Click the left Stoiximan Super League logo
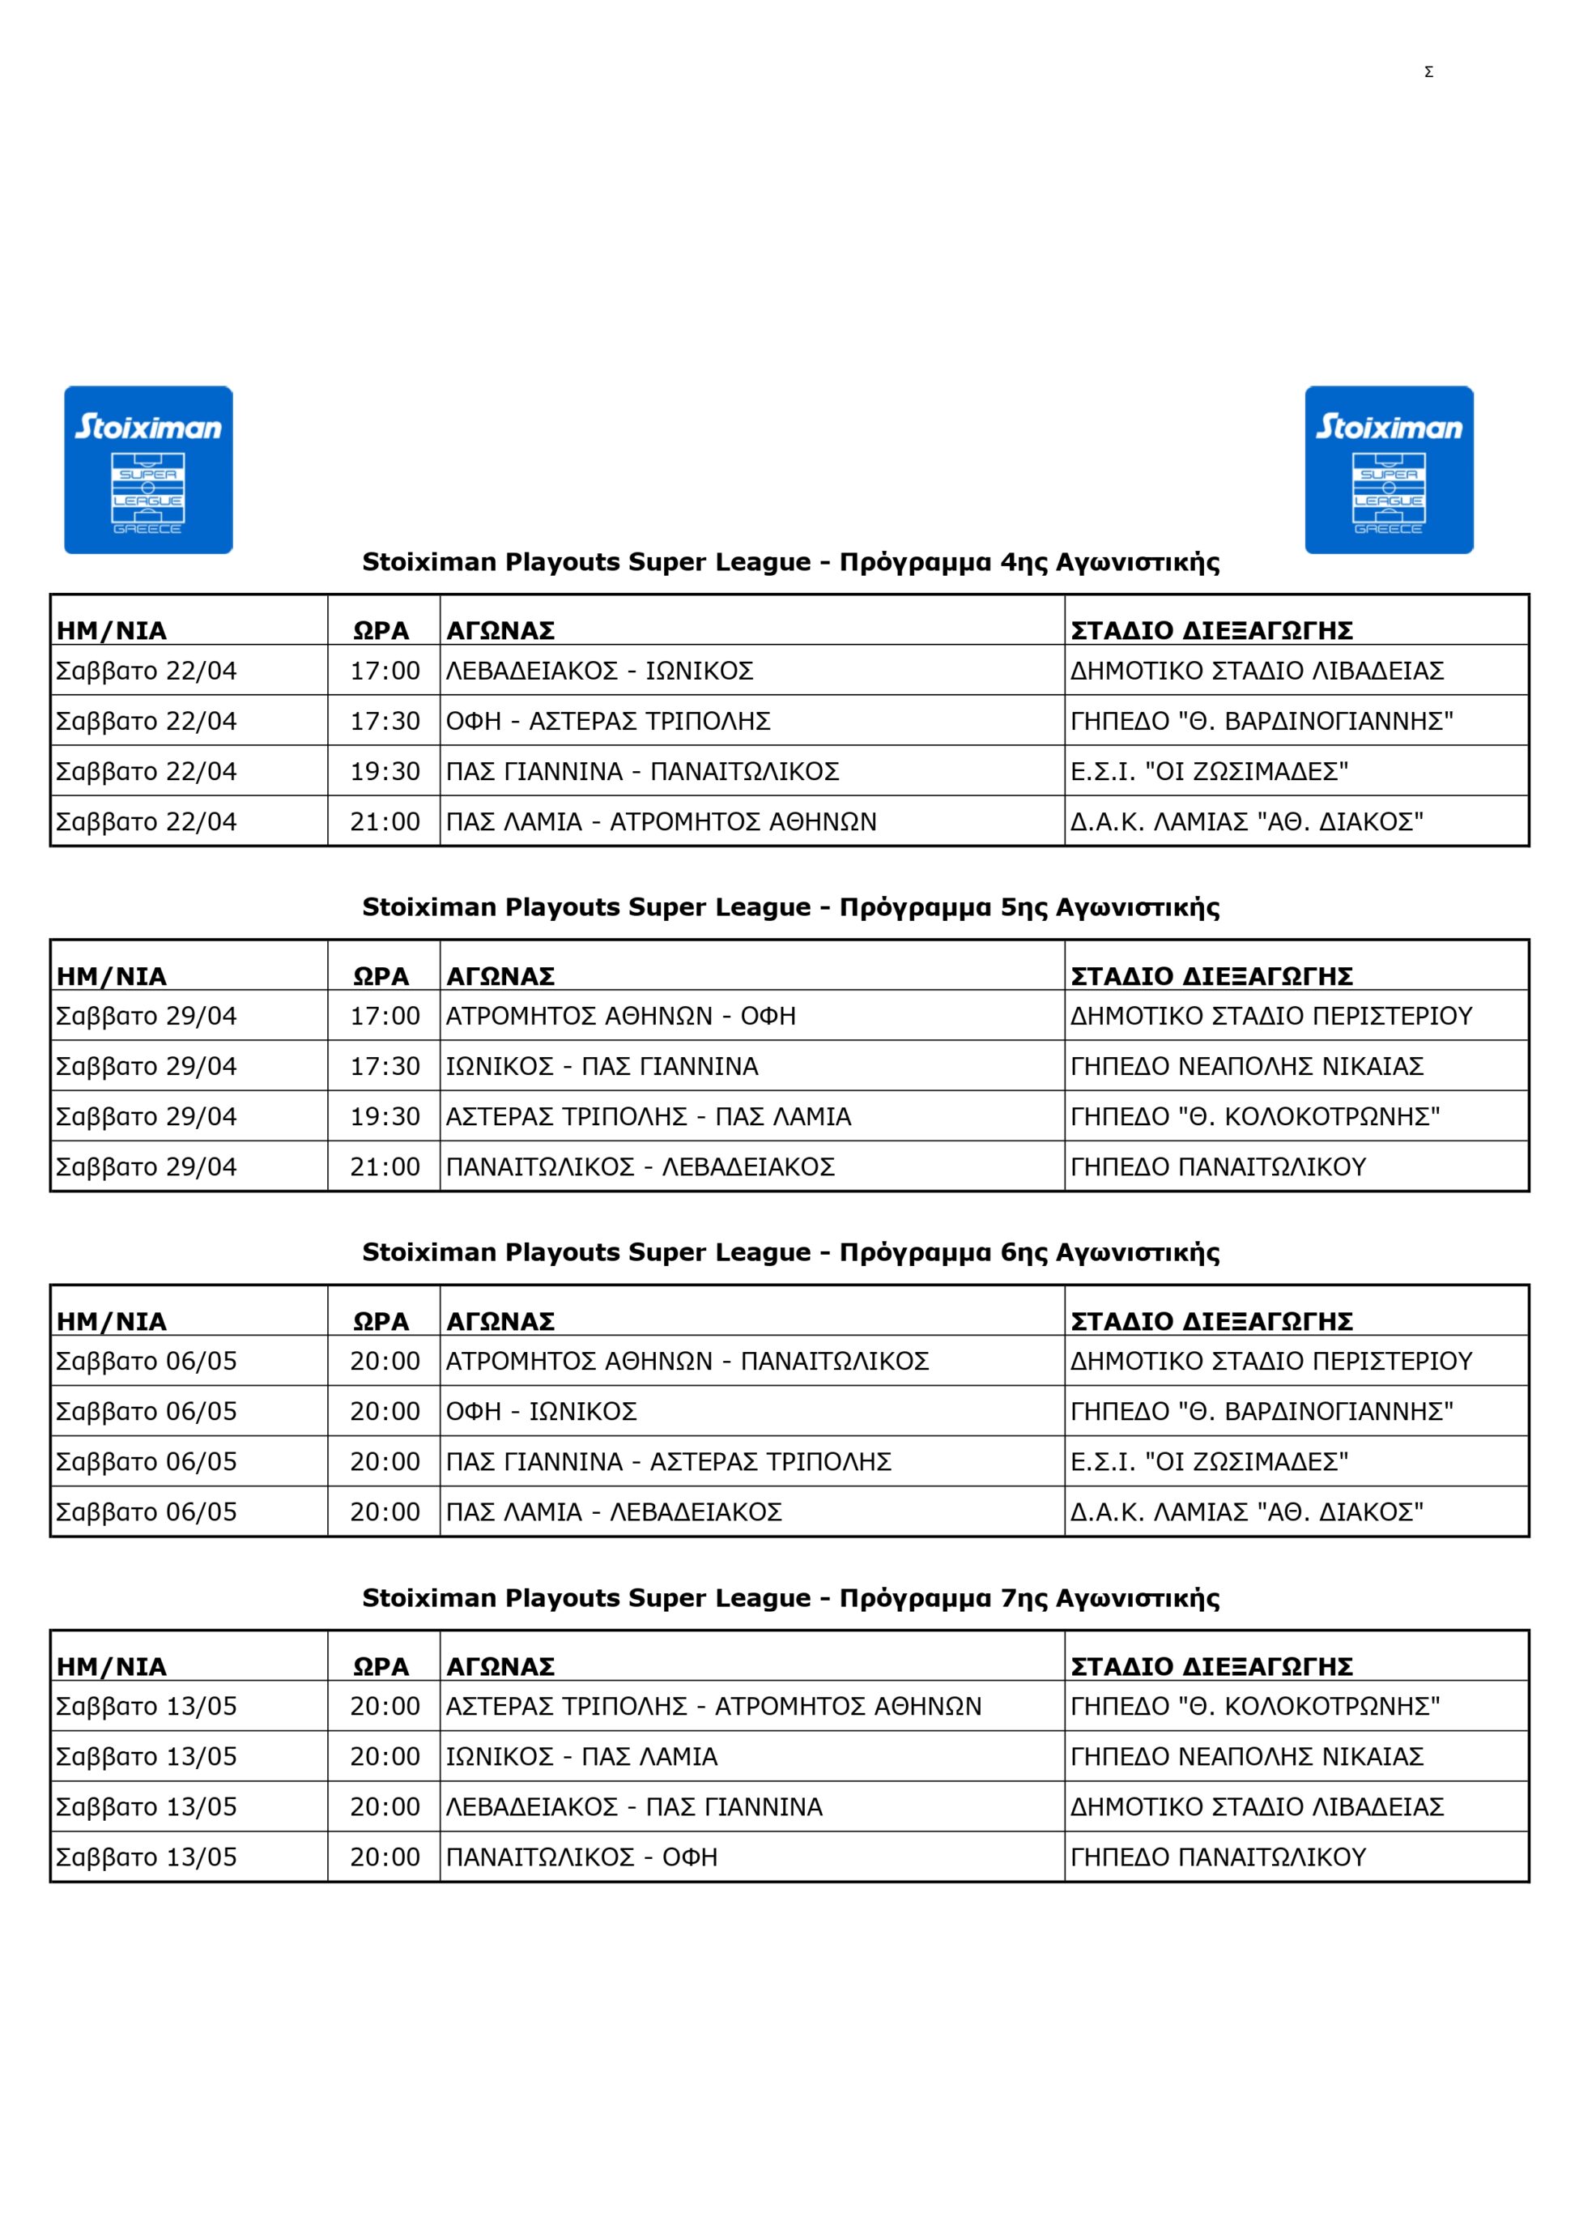(148, 470)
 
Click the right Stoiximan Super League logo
(1389, 470)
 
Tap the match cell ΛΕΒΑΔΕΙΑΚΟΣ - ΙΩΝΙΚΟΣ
(599, 671)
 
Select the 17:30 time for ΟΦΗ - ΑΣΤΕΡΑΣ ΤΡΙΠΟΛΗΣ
(385, 721)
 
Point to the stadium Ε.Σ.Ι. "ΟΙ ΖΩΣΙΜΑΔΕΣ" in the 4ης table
(1208, 772)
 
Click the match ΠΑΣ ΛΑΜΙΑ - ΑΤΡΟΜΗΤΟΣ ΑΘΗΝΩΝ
(661, 822)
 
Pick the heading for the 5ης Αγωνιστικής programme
(790, 907)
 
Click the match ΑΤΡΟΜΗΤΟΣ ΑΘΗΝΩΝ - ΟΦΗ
(621, 1016)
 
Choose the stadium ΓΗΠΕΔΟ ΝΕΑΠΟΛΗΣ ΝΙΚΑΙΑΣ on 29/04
(1246, 1067)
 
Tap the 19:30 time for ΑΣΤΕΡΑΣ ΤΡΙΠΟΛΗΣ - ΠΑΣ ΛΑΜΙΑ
(385, 1117)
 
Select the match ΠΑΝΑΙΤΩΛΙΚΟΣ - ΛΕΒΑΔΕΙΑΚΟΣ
(641, 1166)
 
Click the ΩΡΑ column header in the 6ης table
(381, 1321)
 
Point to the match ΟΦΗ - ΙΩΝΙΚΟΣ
(541, 1412)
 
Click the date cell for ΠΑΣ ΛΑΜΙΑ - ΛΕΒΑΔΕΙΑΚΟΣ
(146, 1512)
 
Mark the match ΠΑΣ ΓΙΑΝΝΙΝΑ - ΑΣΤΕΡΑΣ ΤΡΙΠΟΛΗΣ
(668, 1461)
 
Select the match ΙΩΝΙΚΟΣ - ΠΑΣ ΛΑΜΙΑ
(581, 1757)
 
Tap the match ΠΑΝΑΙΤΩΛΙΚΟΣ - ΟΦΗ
(581, 1857)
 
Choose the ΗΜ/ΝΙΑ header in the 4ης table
(111, 630)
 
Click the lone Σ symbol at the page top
(1428, 72)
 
